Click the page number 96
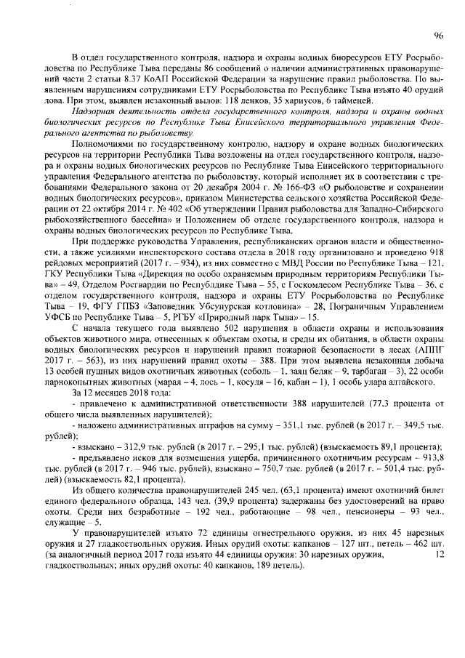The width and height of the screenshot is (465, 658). click(x=438, y=35)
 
